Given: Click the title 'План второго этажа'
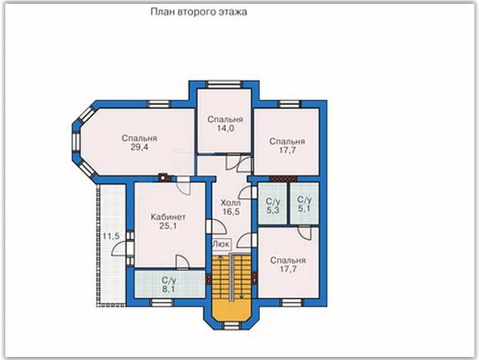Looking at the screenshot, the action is coord(199,12).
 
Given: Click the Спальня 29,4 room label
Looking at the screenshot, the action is coord(139,142).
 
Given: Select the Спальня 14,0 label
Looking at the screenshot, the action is coord(225,124).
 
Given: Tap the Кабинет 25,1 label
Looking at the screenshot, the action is coord(168,222).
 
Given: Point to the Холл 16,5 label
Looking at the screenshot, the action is coord(231,207).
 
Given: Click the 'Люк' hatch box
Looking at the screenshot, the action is coord(221,244).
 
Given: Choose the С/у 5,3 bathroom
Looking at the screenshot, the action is coord(273,203).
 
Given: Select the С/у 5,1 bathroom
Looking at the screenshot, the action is coord(304,203).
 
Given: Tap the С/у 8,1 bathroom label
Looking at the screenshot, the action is coord(169,285).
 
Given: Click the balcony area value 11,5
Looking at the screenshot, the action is coord(111,236).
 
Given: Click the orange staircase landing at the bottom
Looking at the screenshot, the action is coord(231,310).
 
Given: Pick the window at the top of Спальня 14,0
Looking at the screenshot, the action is coord(224,84).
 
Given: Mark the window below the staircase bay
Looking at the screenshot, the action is coord(231,326).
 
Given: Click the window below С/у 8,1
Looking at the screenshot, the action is coord(162,303).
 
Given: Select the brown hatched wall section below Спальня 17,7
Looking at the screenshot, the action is coord(283,178).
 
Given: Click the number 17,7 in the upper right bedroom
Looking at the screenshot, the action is coord(287,151).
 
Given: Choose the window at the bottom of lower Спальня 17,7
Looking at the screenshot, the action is coord(291,303).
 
